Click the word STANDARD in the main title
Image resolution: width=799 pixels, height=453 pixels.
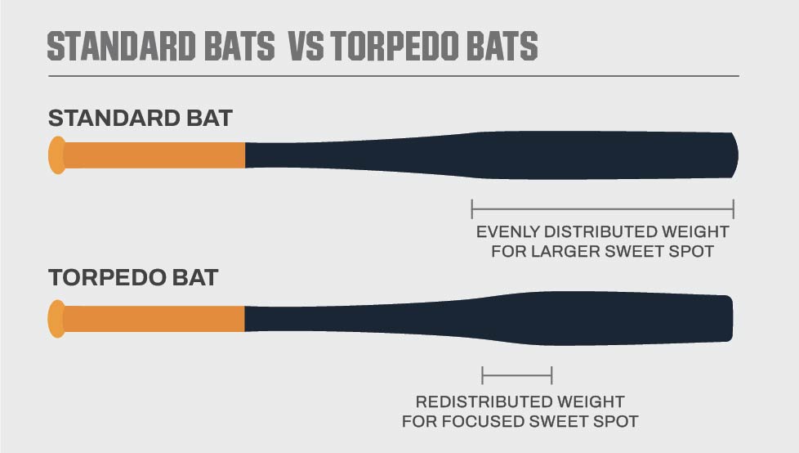tap(121, 46)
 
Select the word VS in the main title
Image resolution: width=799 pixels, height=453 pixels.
tap(306, 46)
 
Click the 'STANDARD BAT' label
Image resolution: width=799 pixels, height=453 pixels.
tap(141, 119)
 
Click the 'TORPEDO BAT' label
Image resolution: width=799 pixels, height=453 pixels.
tap(133, 278)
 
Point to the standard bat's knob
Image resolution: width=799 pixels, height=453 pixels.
tap(57, 155)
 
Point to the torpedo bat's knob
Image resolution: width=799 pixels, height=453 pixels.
tap(57, 319)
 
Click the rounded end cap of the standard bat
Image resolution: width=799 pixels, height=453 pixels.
tap(734, 155)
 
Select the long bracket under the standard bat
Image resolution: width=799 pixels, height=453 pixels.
tap(603, 209)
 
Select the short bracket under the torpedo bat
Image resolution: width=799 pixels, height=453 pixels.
tap(517, 375)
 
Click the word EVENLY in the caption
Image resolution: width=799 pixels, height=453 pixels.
tap(507, 232)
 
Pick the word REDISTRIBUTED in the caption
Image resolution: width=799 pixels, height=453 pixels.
tap(483, 402)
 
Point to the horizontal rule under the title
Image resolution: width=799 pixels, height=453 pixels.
tap(394, 76)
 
